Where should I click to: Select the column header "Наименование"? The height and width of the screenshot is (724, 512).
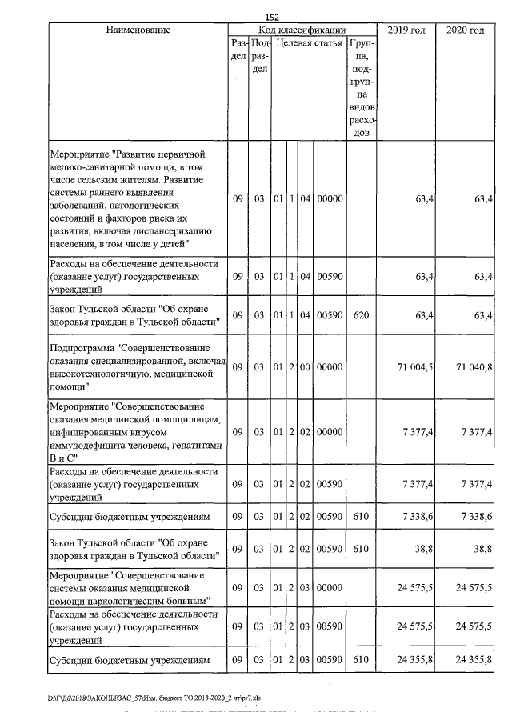pyautogui.click(x=138, y=30)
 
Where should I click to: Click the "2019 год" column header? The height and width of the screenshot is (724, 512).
pyautogui.click(x=408, y=30)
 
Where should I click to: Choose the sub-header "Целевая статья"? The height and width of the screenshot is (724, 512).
pyautogui.click(x=310, y=43)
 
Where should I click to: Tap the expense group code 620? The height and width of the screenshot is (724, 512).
pyautogui.click(x=361, y=315)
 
